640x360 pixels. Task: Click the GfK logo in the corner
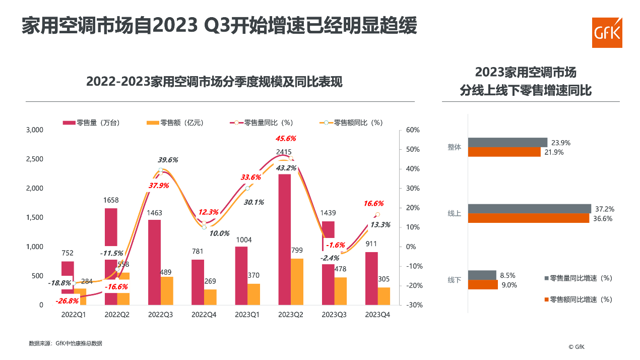pos(607,33)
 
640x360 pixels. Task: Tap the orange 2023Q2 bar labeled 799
pos(297,281)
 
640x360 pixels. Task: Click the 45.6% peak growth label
pos(286,138)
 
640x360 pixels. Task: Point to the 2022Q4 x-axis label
pos(204,315)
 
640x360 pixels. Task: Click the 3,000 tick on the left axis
pos(34,130)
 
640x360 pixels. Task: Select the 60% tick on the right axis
pos(413,130)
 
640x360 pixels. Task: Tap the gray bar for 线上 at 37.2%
pos(529,209)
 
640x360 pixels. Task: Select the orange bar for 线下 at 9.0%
pos(483,285)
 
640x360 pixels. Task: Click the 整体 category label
pos(454,147)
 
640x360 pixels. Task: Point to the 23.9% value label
pos(561,143)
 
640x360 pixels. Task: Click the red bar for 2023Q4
pos(371,278)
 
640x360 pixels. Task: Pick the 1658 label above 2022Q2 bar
pos(111,201)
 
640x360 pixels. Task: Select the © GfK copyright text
pos(577,346)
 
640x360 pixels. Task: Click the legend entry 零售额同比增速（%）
pos(581,299)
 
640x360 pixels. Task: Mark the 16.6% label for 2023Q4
pos(373,204)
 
